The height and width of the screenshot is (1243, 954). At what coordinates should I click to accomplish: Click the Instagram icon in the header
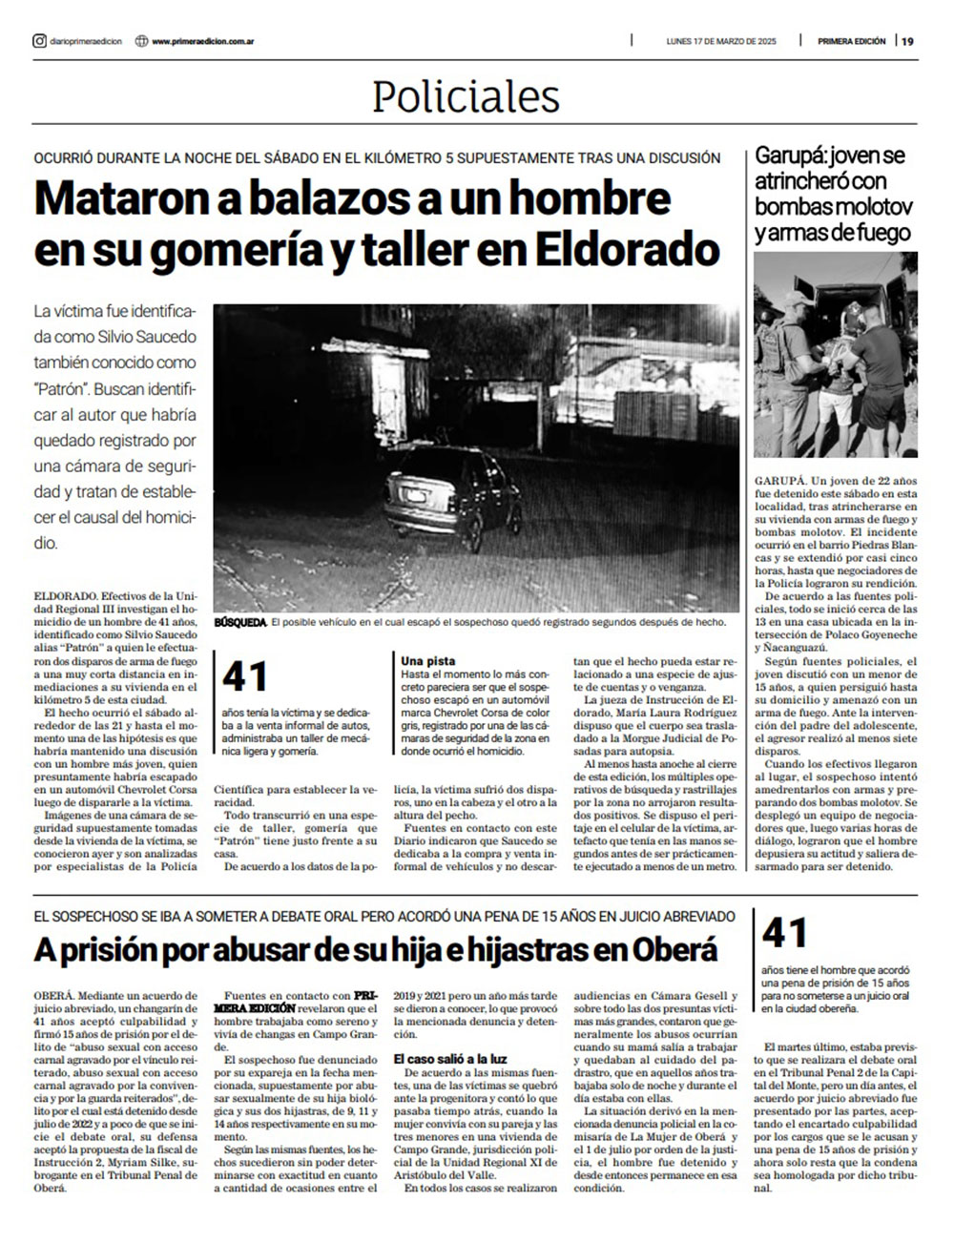pos(39,41)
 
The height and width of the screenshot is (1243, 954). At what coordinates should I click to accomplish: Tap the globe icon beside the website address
pos(142,41)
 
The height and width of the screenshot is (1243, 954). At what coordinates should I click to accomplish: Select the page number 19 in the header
pos(907,41)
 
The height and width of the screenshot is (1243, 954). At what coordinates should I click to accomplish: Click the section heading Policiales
pos(466,97)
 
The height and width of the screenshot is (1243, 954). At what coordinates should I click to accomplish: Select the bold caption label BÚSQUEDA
pos(240,622)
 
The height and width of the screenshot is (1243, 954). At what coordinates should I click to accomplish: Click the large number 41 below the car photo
pos(245,676)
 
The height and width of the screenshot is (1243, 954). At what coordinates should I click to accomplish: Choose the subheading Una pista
pos(428,660)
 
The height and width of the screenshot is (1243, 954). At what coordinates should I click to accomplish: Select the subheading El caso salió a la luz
pos(450,1059)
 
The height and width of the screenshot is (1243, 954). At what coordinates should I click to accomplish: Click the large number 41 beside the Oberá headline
pos(785,933)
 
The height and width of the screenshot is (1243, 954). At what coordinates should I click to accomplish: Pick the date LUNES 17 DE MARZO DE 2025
pos(722,41)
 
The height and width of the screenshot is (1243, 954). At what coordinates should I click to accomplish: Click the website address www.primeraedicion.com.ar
pos(201,41)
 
